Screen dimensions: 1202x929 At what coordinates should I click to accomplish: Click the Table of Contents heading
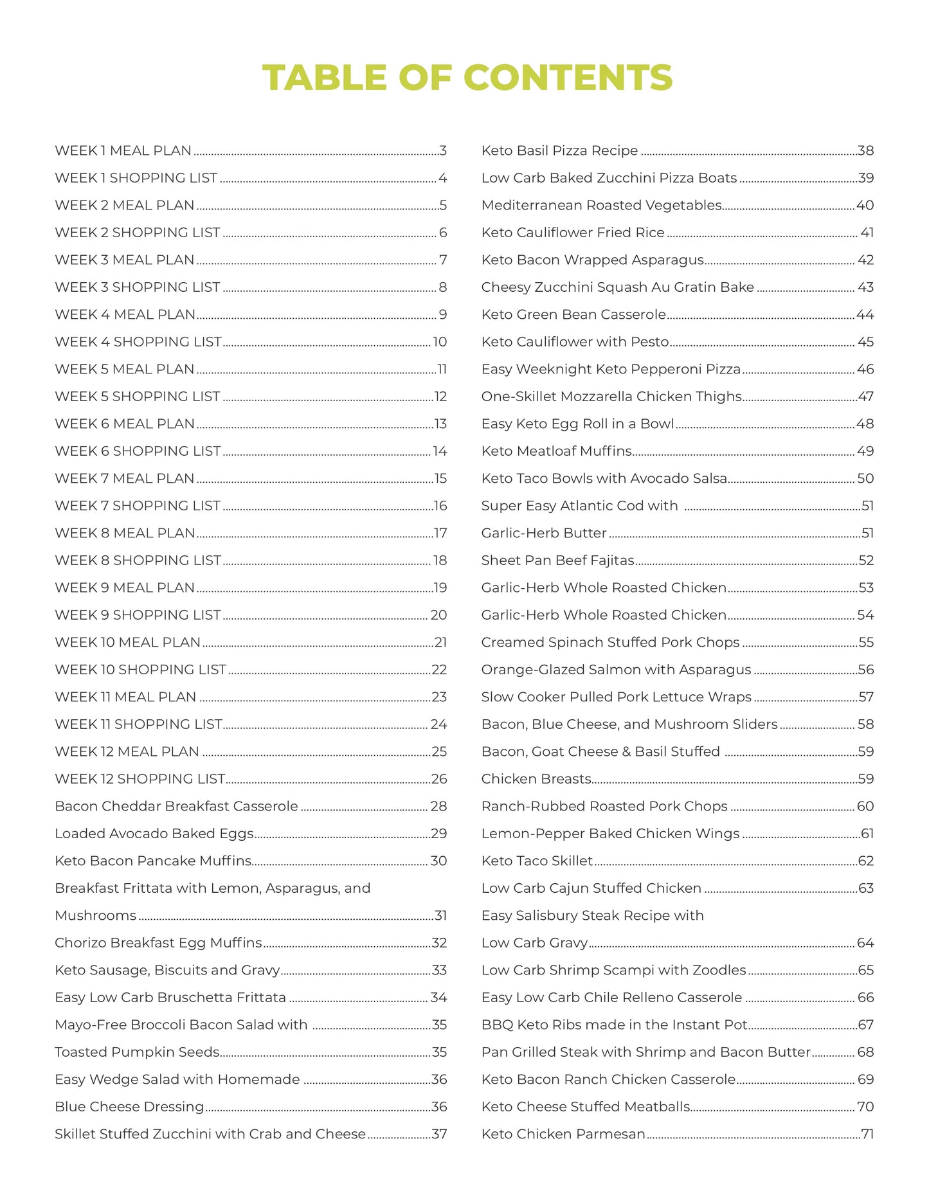click(467, 78)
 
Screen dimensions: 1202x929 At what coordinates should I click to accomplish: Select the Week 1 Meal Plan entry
click(123, 151)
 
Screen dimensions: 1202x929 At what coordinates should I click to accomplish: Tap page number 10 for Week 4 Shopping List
click(440, 342)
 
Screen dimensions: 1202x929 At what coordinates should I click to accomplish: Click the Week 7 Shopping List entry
click(138, 506)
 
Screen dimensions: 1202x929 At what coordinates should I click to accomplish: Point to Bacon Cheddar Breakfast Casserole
click(176, 806)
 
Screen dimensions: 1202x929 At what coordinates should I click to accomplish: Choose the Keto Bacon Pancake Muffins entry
click(153, 861)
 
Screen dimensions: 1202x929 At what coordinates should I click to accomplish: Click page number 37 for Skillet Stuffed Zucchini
click(440, 1134)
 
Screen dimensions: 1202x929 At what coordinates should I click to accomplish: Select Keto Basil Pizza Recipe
click(559, 151)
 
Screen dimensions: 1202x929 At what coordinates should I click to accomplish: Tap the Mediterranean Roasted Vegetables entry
click(601, 206)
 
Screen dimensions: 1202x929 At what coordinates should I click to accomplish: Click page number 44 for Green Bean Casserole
click(865, 315)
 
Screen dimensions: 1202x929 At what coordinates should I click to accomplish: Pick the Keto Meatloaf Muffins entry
click(556, 451)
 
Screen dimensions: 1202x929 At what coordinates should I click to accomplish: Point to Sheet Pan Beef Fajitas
click(557, 561)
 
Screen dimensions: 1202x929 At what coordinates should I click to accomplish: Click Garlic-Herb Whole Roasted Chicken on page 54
click(604, 615)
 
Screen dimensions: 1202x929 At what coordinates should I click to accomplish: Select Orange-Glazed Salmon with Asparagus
click(616, 670)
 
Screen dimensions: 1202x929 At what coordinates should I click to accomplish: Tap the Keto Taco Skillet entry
click(537, 861)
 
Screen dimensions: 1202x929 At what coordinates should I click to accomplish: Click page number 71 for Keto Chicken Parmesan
click(867, 1134)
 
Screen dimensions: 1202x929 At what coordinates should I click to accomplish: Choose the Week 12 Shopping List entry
click(140, 779)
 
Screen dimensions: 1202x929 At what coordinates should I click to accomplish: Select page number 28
click(438, 806)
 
